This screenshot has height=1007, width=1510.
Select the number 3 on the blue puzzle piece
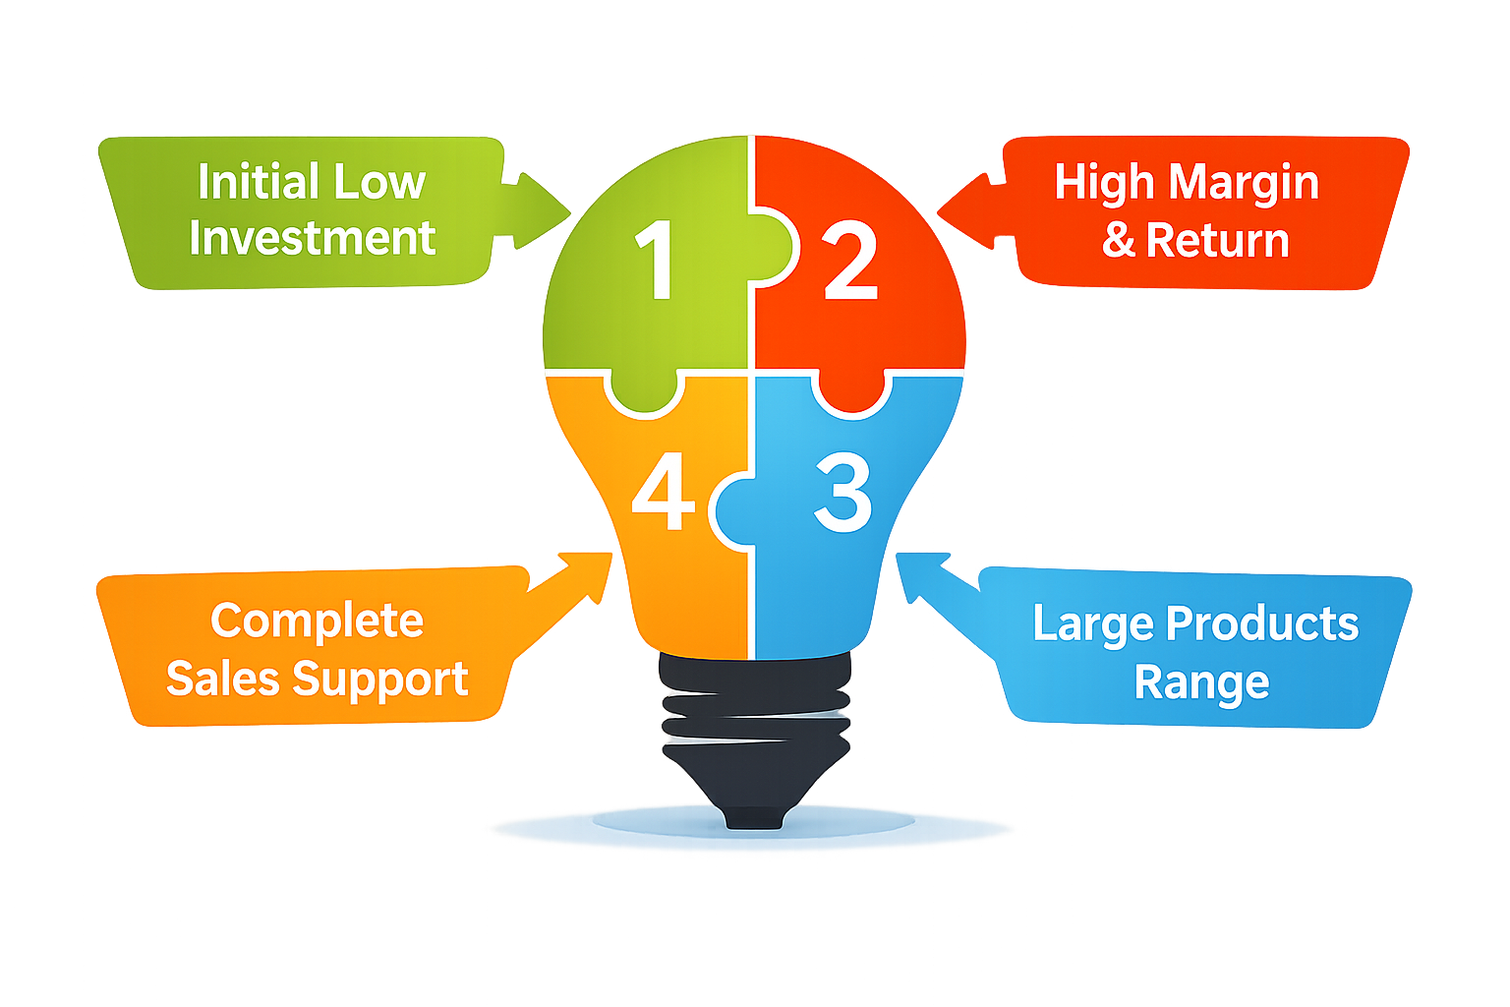tap(843, 493)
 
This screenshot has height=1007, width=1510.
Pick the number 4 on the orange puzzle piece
tap(663, 493)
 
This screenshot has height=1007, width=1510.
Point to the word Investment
tap(312, 239)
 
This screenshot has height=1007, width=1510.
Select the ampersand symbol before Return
tap(1119, 241)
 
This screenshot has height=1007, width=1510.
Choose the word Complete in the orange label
tap(317, 622)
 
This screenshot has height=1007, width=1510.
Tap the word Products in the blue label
tap(1262, 624)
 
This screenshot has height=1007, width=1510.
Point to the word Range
tap(1201, 683)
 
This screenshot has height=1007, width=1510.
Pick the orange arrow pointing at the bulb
tap(570, 590)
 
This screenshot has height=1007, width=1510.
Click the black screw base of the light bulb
tap(754, 738)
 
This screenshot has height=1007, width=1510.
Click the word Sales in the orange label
tap(222, 680)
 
